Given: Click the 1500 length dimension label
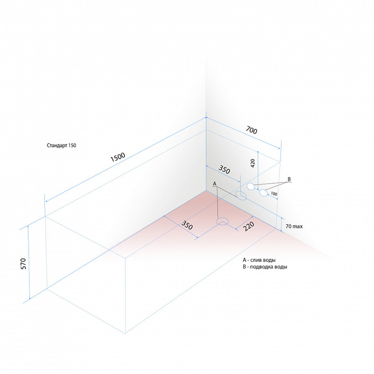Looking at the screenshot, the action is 118,157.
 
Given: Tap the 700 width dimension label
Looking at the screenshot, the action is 251,130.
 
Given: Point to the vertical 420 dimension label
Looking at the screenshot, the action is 253,163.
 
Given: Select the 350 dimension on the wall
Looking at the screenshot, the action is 224,170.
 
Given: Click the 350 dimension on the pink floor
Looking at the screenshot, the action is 187,225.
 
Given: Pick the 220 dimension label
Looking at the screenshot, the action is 249,226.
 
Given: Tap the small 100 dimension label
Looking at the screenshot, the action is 274,194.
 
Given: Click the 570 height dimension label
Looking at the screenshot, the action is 24,264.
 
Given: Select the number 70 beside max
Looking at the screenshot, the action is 289,226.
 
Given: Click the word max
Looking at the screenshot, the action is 298,227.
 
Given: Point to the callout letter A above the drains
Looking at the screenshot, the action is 214,184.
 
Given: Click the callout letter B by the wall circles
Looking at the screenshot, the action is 289,179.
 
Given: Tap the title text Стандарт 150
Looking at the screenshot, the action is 62,145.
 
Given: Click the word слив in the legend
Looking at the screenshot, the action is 256,260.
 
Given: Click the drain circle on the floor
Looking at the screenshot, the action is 223,221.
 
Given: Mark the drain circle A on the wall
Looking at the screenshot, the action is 241,196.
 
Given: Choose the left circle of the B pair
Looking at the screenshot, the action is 251,186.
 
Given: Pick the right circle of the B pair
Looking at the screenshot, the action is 263,193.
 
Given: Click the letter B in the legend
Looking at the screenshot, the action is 244,267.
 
